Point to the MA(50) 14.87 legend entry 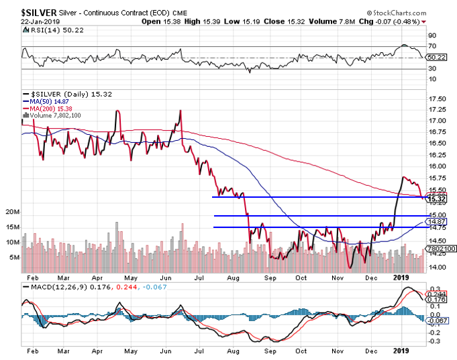tap(50, 101)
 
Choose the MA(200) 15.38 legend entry tap(52, 109)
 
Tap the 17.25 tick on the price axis tap(437, 109)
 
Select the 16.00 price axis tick tap(437, 166)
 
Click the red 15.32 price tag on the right tap(438, 198)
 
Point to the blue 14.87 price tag tap(438, 222)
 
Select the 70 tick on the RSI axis tap(431, 46)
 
